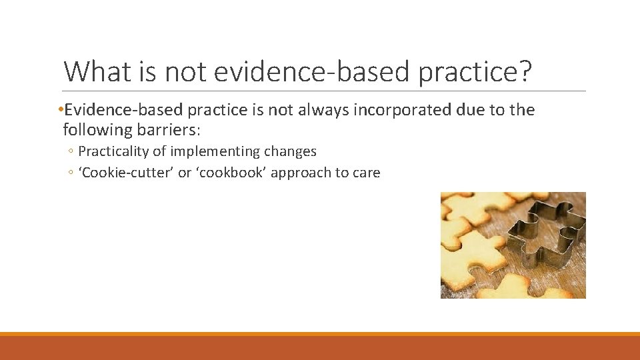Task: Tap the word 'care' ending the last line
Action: point(366,173)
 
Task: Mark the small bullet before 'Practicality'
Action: point(71,152)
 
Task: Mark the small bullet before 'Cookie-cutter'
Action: point(71,173)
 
